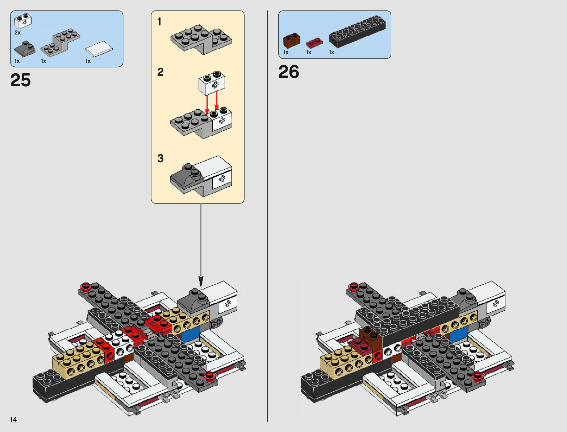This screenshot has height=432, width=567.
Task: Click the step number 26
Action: (288, 71)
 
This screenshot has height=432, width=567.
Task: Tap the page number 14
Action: (13, 419)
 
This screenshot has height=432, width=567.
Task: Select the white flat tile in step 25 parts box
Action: (99, 49)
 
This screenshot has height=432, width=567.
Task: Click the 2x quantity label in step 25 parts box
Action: (17, 33)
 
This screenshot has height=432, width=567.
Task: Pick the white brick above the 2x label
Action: (23, 21)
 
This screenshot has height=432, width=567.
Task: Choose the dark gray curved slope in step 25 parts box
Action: (25, 49)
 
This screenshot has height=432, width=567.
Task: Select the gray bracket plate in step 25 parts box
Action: (60, 42)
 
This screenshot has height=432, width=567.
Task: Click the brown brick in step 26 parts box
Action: (292, 40)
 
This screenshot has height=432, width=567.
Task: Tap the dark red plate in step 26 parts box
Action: (314, 43)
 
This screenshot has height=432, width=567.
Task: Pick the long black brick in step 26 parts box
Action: (358, 32)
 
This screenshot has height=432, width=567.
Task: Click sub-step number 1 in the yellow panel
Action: (159, 22)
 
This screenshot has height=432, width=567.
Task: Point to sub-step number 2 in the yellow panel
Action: (160, 72)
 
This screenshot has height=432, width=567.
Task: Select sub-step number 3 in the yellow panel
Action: (160, 158)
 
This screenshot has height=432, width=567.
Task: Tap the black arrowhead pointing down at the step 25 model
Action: (201, 282)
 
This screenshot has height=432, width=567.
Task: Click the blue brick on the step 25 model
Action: (191, 333)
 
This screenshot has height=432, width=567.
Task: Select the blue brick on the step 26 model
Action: (459, 333)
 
